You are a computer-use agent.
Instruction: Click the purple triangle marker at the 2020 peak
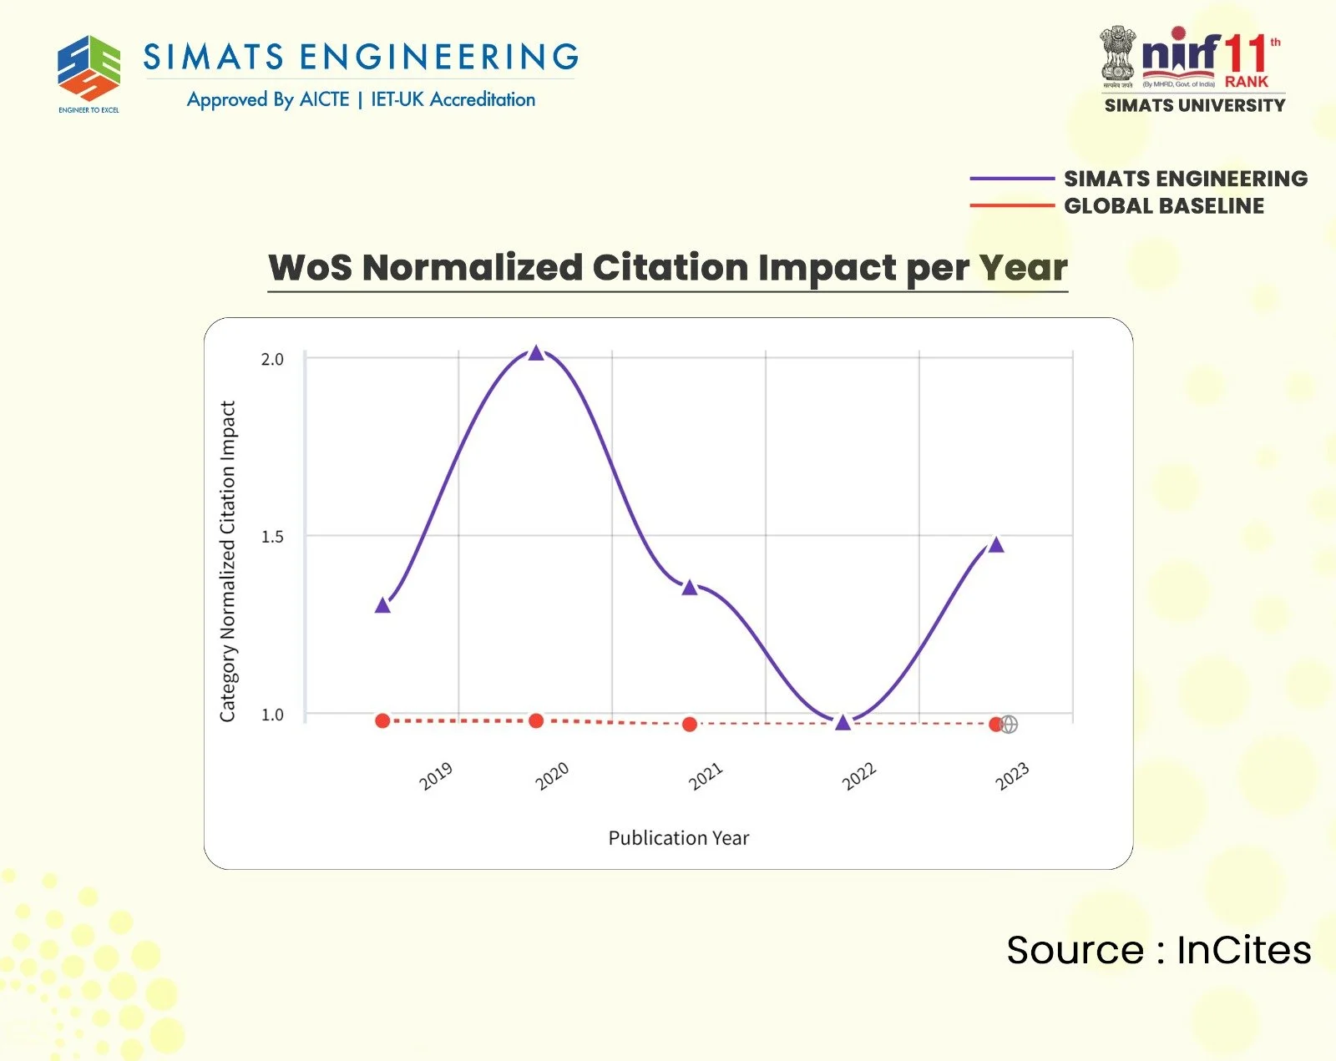pyautogui.click(x=536, y=353)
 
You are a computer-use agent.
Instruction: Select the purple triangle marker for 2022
pyautogui.click(x=843, y=723)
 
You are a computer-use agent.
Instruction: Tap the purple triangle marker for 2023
pyautogui.click(x=995, y=545)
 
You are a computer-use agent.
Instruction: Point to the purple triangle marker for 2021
pyautogui.click(x=689, y=588)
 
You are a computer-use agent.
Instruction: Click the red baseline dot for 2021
pyautogui.click(x=689, y=724)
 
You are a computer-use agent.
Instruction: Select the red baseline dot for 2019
pyautogui.click(x=382, y=720)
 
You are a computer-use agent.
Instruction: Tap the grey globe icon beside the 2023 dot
pyautogui.click(x=1009, y=724)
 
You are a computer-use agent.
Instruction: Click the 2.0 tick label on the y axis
pyautogui.click(x=272, y=360)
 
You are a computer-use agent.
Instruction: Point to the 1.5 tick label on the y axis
pyautogui.click(x=272, y=537)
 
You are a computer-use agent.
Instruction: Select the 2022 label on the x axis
pyautogui.click(x=858, y=776)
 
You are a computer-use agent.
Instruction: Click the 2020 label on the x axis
pyautogui.click(x=551, y=776)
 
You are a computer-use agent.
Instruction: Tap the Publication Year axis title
pyautogui.click(x=678, y=838)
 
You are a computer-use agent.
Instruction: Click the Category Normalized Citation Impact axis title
pyautogui.click(x=228, y=561)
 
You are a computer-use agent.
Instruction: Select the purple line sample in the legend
pyautogui.click(x=1011, y=179)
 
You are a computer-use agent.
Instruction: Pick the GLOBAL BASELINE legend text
pyautogui.click(x=1163, y=206)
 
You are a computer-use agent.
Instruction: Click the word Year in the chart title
pyautogui.click(x=1023, y=268)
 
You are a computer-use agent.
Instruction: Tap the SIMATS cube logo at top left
pyautogui.click(x=89, y=68)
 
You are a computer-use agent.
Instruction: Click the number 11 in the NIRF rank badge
pyautogui.click(x=1246, y=55)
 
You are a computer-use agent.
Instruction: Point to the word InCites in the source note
pyautogui.click(x=1243, y=950)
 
